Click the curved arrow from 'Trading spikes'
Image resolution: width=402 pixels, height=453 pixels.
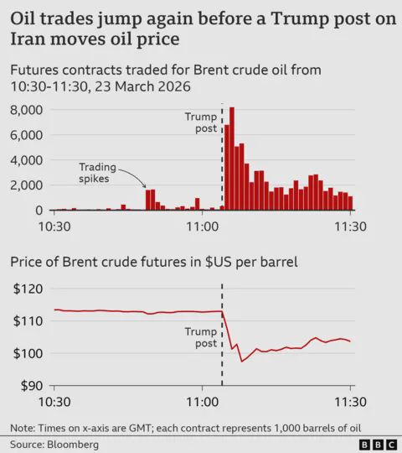133,178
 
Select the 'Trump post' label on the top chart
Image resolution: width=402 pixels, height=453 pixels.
199,122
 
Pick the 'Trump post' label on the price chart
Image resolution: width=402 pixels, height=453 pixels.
199,338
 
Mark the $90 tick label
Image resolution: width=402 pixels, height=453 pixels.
28,386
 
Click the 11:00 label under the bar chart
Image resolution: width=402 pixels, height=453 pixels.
202,226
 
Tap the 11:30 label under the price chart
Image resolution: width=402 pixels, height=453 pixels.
349,401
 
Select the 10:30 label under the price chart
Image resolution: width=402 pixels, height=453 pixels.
54,401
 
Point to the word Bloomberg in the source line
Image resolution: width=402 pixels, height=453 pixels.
73,443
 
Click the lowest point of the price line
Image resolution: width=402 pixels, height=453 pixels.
242,362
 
